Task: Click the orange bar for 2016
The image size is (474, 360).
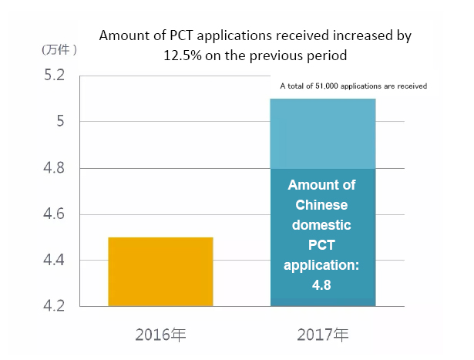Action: pos(160,271)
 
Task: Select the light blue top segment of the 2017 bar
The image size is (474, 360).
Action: pos(323,133)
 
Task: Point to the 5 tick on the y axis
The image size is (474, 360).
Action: pos(62,122)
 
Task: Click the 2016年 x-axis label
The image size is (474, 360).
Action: pos(160,335)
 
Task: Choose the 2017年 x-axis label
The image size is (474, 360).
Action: pos(323,335)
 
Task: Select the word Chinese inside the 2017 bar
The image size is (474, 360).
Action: pos(322,206)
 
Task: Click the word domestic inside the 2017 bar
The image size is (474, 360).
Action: pos(322,226)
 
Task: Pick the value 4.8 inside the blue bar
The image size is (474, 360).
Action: pos(322,286)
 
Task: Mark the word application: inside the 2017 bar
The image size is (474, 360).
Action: pos(322,266)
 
